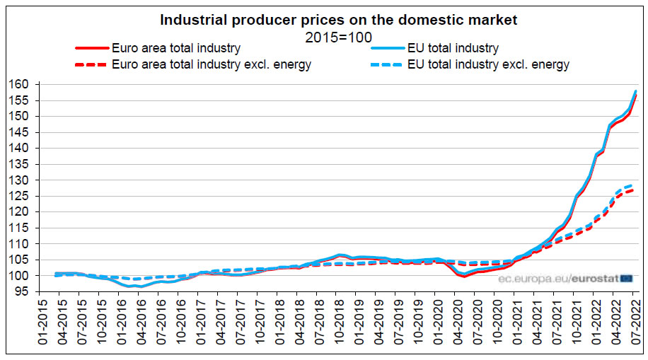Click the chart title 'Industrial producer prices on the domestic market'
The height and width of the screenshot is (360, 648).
click(x=338, y=20)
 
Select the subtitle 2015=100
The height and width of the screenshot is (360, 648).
click(x=338, y=35)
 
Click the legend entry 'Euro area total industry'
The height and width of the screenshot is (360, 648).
click(x=176, y=49)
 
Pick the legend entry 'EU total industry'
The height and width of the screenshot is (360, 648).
click(x=453, y=49)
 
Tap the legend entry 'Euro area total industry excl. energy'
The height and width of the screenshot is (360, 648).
click(x=211, y=64)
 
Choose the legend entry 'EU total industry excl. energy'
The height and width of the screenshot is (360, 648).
click(x=488, y=64)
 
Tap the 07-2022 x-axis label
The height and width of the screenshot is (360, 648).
click(x=634, y=322)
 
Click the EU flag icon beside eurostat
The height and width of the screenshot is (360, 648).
click(x=627, y=279)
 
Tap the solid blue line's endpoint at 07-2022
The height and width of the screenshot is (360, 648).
click(x=635, y=91)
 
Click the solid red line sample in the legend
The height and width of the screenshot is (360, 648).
click(x=91, y=49)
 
